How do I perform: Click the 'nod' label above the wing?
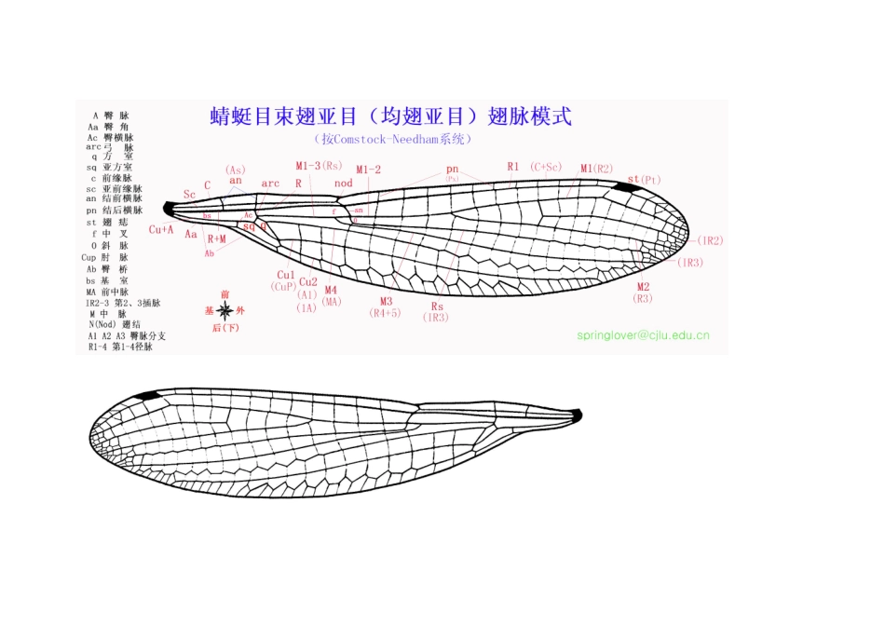click(x=344, y=184)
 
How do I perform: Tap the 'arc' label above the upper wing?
click(x=270, y=184)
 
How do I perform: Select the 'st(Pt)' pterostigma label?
click(x=644, y=179)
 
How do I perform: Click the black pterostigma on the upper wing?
click(x=629, y=188)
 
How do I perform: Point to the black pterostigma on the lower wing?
click(x=145, y=397)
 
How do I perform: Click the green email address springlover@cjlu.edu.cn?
click(x=643, y=334)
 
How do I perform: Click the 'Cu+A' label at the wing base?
click(x=161, y=229)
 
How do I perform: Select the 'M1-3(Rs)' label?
click(x=319, y=166)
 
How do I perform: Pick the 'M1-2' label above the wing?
click(x=369, y=170)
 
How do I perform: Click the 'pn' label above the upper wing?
click(x=453, y=169)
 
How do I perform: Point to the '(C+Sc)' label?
click(x=547, y=166)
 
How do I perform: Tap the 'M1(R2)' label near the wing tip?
click(x=596, y=169)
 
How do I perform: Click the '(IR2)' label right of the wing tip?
click(x=711, y=240)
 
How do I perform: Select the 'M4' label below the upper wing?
click(x=331, y=290)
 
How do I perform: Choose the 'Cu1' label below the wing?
click(x=286, y=275)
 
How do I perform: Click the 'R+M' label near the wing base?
click(x=217, y=238)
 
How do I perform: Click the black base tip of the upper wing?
click(x=169, y=209)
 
